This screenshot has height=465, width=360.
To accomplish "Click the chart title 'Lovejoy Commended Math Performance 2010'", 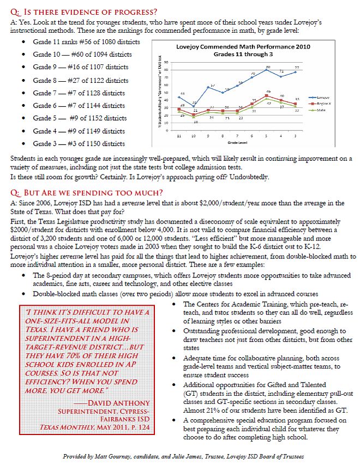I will click(x=243, y=47).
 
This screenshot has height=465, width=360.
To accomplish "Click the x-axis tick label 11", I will click(x=181, y=135).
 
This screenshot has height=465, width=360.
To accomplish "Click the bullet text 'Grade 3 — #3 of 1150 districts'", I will click(x=79, y=143).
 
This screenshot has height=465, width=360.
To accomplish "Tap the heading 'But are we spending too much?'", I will click(x=91, y=192).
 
